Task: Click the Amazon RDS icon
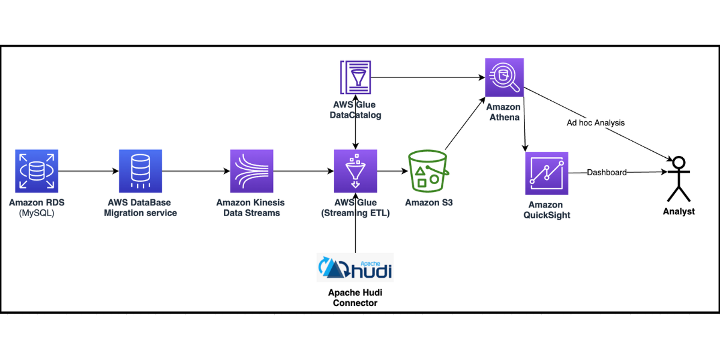point(37,172)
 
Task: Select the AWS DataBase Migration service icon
point(140,172)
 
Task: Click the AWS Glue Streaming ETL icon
point(356,172)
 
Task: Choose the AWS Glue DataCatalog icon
point(356,77)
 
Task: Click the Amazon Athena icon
point(504,77)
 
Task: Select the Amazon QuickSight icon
point(546,173)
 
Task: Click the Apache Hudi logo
point(355,267)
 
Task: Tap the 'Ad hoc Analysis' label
point(595,123)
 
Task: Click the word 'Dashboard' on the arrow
point(607,173)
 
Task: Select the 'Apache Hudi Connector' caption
point(356,298)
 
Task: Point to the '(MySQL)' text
point(37,213)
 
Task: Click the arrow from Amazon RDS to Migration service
point(88,172)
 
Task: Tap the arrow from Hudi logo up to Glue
point(356,222)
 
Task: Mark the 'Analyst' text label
point(679,211)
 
